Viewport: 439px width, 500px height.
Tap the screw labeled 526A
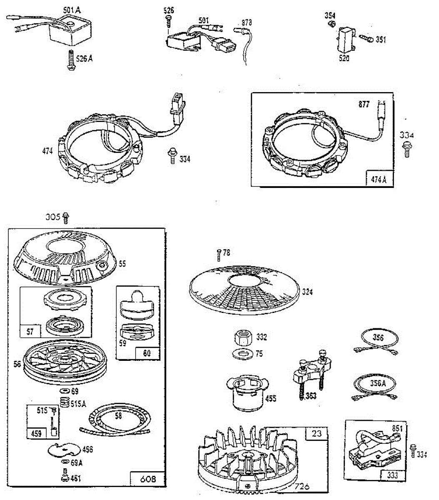coord(69,60)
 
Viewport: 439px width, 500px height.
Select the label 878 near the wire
coord(246,23)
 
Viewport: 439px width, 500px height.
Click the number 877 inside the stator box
coord(364,105)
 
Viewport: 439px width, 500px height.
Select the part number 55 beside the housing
coord(122,263)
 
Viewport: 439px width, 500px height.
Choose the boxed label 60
coord(147,353)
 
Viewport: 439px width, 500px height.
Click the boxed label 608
coord(147,479)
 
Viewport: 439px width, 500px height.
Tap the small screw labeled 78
coord(219,253)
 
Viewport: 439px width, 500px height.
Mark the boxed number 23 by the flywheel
coord(317,433)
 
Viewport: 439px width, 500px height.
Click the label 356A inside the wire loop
coord(377,383)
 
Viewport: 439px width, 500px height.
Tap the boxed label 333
coord(392,475)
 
